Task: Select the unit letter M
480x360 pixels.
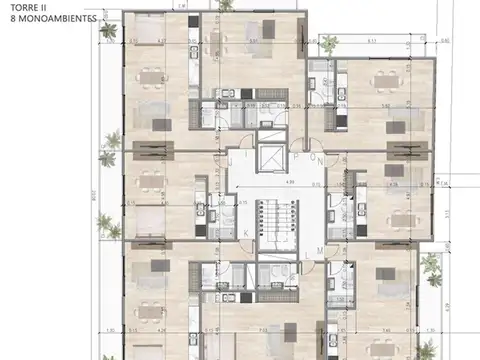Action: (319, 250)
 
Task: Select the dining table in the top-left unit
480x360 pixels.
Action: (149, 75)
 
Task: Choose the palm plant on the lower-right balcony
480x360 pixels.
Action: (429, 264)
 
